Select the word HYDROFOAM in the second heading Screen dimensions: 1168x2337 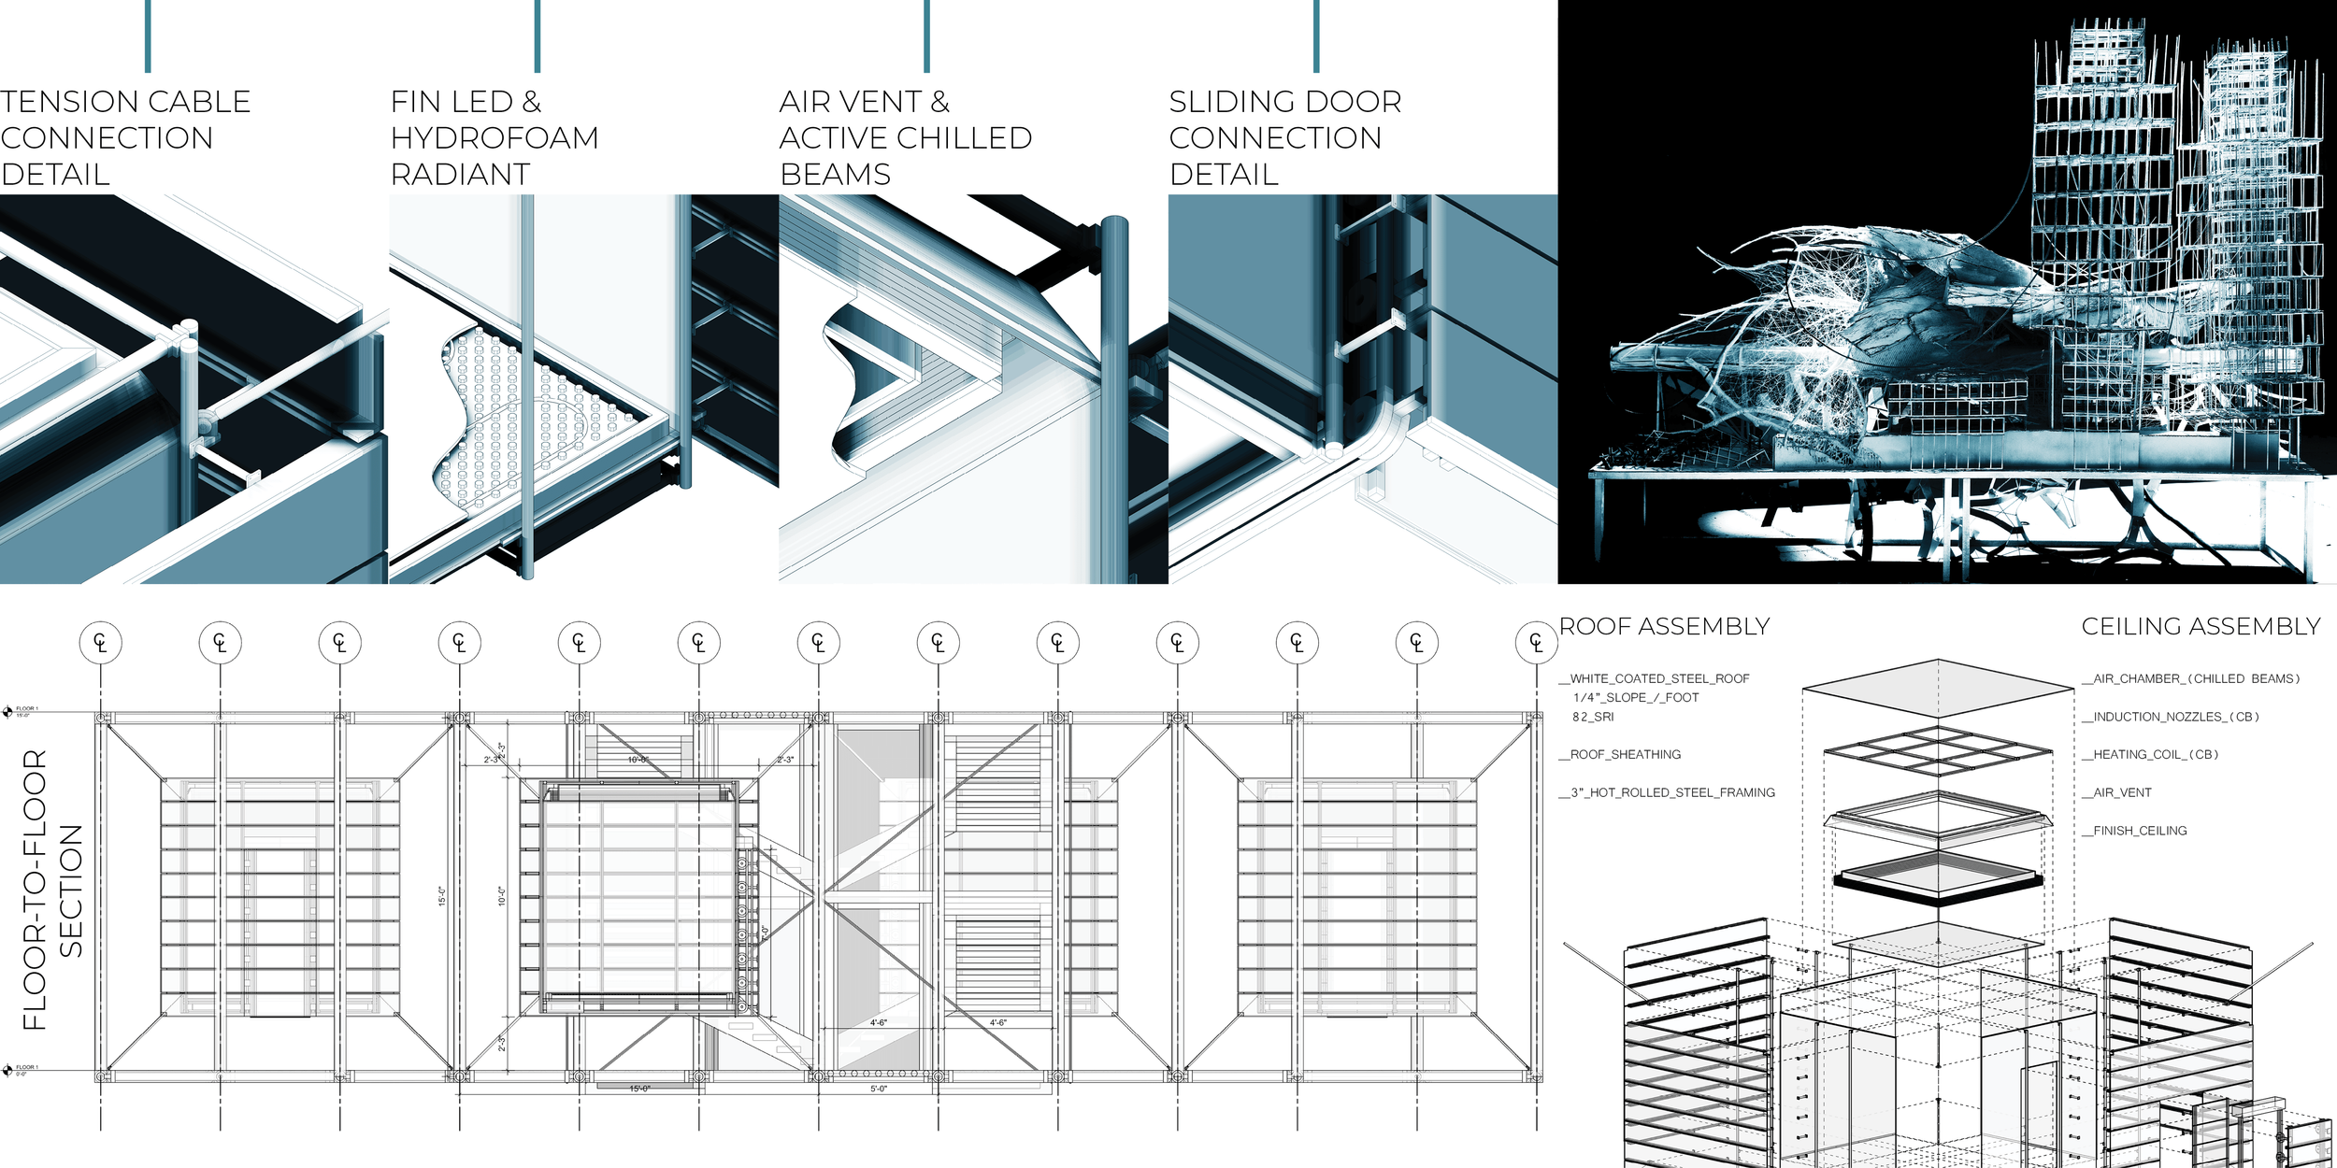pos(495,138)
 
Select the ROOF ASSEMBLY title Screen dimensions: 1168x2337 pos(1664,626)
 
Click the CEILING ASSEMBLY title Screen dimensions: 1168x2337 pos(2201,626)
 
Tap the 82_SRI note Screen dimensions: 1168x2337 pos(1593,717)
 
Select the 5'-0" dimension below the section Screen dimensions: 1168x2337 pos(879,1089)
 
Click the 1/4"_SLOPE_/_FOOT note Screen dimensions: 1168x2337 pos(1636,698)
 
